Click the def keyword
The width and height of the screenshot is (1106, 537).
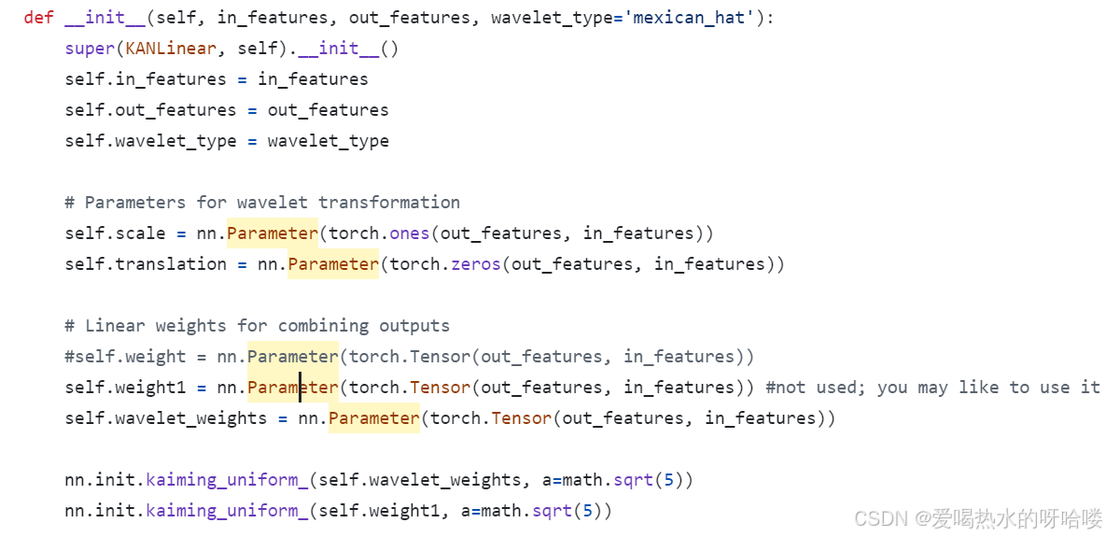pyautogui.click(x=39, y=18)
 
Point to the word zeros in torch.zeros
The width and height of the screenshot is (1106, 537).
pyautogui.click(x=475, y=263)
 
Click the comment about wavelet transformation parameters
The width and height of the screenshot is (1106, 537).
pyautogui.click(x=262, y=202)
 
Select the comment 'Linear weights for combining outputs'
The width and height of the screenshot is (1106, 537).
pyautogui.click(x=257, y=325)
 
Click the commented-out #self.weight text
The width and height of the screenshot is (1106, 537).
pyautogui.click(x=125, y=356)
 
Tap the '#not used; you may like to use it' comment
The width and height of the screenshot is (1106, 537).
pyautogui.click(x=932, y=387)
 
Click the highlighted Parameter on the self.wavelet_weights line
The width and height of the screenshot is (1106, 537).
pyautogui.click(x=373, y=417)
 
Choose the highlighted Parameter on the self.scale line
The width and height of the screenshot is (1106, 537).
pyautogui.click(x=273, y=233)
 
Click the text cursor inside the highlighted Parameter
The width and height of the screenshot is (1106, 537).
pyautogui.click(x=301, y=387)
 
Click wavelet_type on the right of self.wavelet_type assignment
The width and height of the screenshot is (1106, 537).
pyautogui.click(x=328, y=141)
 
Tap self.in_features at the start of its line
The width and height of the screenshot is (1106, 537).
pyautogui.click(x=146, y=79)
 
